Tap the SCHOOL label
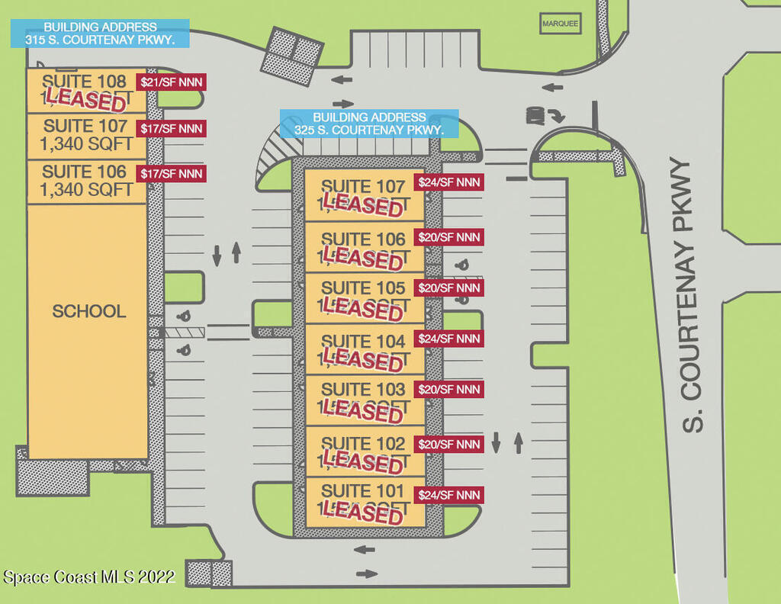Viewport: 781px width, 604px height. [x=89, y=311]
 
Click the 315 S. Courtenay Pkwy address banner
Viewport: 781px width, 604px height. [x=100, y=34]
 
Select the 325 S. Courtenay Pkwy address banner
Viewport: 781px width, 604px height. [x=369, y=124]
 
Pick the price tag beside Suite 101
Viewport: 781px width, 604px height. [x=449, y=495]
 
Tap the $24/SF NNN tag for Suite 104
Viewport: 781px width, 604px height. [x=449, y=338]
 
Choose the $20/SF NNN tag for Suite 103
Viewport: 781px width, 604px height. [x=449, y=390]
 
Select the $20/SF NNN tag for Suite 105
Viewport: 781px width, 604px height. [x=449, y=288]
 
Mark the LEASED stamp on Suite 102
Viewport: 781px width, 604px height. [x=362, y=461]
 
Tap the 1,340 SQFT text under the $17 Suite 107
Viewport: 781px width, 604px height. [x=88, y=143]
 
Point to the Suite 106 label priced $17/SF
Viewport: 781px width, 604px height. [x=84, y=172]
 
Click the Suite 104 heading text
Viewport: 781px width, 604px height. [x=363, y=341]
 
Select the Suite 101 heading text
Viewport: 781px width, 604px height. [x=363, y=490]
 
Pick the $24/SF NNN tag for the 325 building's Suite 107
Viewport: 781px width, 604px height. [x=449, y=182]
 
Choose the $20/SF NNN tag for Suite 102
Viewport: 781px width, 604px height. [x=449, y=444]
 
